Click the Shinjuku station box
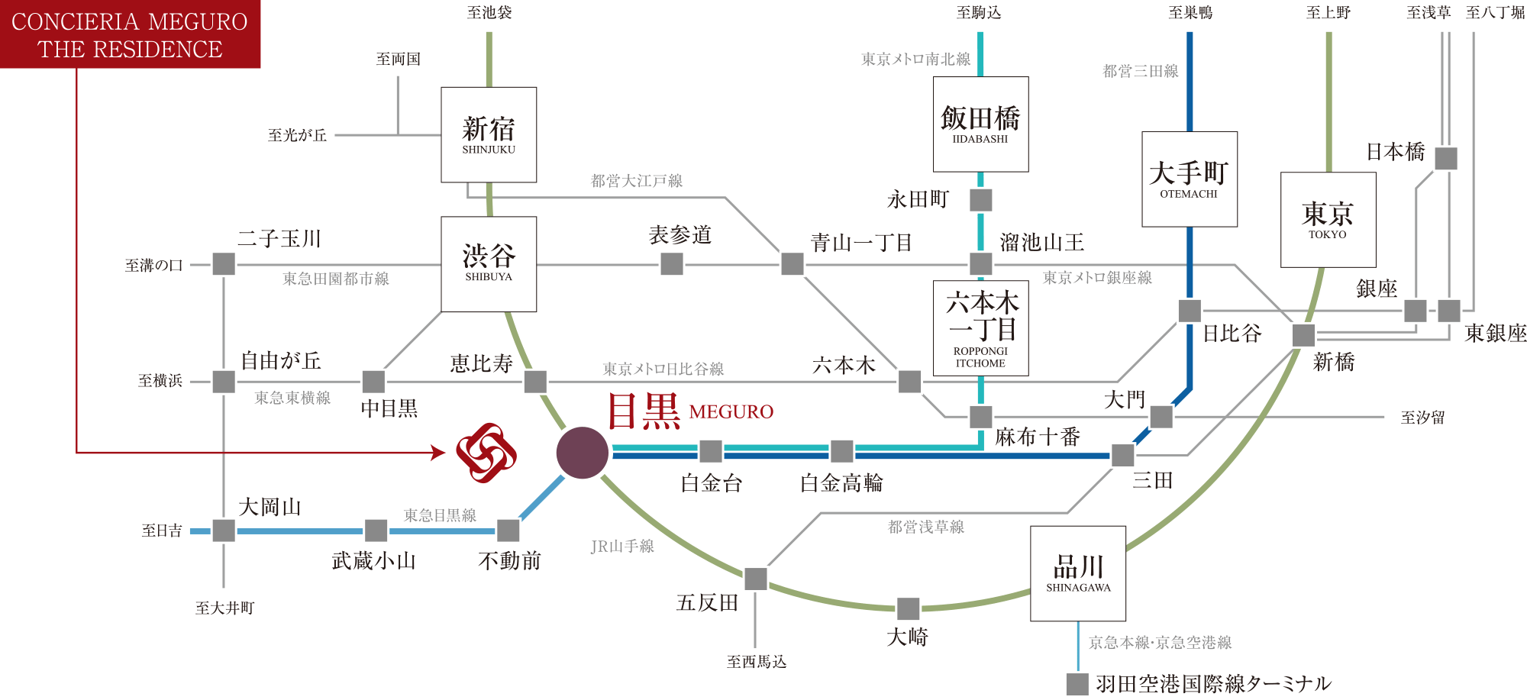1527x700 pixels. tap(489, 134)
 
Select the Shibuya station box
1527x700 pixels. tap(489, 264)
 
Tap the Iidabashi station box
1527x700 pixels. tap(980, 124)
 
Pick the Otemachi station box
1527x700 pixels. tap(1190, 179)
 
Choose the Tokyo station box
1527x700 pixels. tap(1328, 220)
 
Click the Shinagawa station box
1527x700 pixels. tap(1078, 573)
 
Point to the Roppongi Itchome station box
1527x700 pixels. tap(981, 328)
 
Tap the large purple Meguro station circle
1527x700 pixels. tap(583, 453)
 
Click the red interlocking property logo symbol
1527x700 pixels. tap(486, 453)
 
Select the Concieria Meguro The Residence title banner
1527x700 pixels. tap(130, 34)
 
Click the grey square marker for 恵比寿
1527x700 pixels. tap(535, 381)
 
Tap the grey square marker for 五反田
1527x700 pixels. tap(756, 579)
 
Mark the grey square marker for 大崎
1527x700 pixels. tap(909, 609)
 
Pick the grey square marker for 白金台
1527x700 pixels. tap(711, 451)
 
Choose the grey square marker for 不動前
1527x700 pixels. tap(508, 531)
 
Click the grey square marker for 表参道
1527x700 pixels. tap(672, 264)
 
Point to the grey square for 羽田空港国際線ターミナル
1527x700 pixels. tap(1077, 684)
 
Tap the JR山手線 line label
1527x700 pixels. tap(622, 547)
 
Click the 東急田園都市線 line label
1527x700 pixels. tap(336, 279)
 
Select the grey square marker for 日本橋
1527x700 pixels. tap(1446, 159)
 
